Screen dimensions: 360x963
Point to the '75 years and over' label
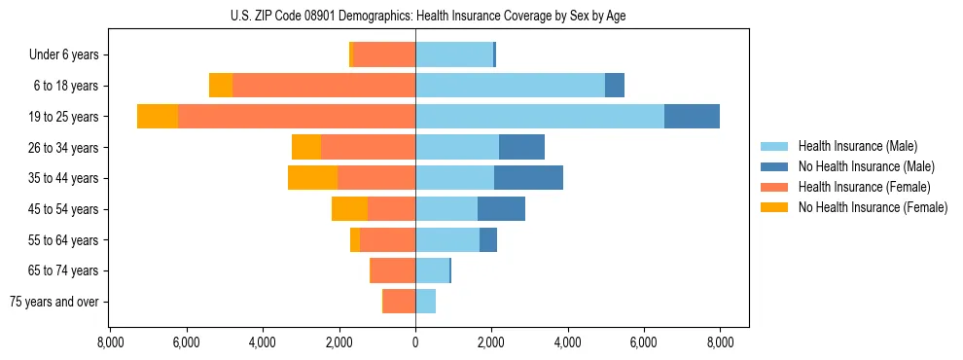pyautogui.click(x=54, y=302)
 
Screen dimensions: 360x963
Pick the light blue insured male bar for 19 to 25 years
pyautogui.click(x=540, y=117)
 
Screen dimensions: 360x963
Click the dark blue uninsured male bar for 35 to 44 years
pyautogui.click(x=528, y=178)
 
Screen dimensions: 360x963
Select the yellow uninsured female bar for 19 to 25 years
pyautogui.click(x=158, y=117)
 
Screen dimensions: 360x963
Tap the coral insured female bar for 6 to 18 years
pyautogui.click(x=324, y=86)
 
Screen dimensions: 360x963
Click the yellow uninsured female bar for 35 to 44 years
pyautogui.click(x=312, y=178)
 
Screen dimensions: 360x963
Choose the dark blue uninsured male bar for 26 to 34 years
pyautogui.click(x=521, y=148)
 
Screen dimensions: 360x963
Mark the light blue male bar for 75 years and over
pyautogui.click(x=425, y=302)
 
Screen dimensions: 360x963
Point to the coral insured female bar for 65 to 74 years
pyautogui.click(x=393, y=270)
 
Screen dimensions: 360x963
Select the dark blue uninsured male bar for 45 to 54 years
pyautogui.click(x=501, y=209)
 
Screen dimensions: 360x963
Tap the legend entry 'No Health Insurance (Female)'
pyautogui.click(x=872, y=207)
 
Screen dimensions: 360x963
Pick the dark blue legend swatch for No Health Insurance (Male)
pyautogui.click(x=775, y=166)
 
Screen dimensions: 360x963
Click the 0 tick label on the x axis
pyautogui.click(x=415, y=342)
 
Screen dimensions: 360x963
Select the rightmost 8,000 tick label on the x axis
pyautogui.click(x=720, y=342)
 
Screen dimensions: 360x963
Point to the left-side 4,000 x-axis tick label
pyautogui.click(x=263, y=342)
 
